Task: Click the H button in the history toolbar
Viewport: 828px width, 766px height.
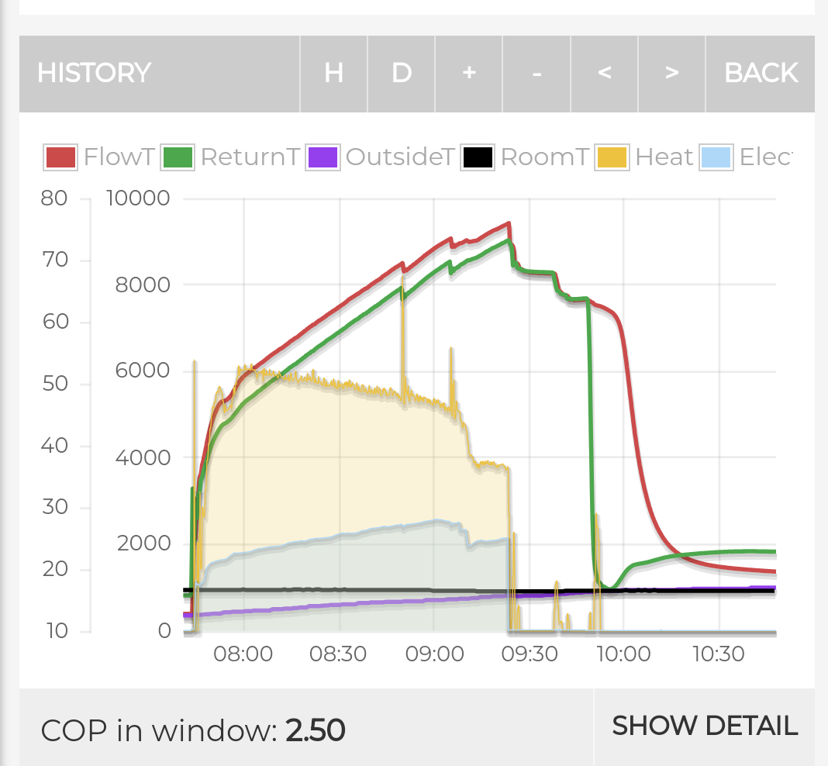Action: tap(333, 74)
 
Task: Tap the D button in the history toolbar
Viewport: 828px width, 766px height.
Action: tap(402, 74)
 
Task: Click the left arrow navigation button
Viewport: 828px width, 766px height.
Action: tap(604, 74)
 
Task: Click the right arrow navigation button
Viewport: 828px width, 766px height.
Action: tap(671, 74)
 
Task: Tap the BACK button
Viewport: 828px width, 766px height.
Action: tap(761, 74)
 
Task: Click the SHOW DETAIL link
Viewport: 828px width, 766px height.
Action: tap(705, 726)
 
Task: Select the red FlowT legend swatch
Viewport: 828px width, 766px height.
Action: tap(60, 157)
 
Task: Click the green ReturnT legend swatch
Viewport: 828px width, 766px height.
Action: tap(178, 157)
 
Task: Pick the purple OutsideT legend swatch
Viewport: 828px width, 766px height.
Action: tap(323, 157)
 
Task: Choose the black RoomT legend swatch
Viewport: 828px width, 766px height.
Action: tap(478, 157)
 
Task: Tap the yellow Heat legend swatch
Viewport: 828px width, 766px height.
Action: tap(612, 157)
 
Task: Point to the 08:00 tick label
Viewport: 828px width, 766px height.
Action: tap(243, 654)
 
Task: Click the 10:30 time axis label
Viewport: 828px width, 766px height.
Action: tap(718, 654)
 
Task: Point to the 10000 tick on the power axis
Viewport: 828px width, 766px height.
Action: tap(138, 198)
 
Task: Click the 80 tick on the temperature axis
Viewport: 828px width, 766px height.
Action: tap(53, 198)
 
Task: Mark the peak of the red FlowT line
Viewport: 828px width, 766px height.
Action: tap(509, 223)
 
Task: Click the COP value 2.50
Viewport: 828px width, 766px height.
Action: tap(316, 730)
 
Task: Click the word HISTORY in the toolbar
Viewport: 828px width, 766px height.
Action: tap(94, 73)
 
